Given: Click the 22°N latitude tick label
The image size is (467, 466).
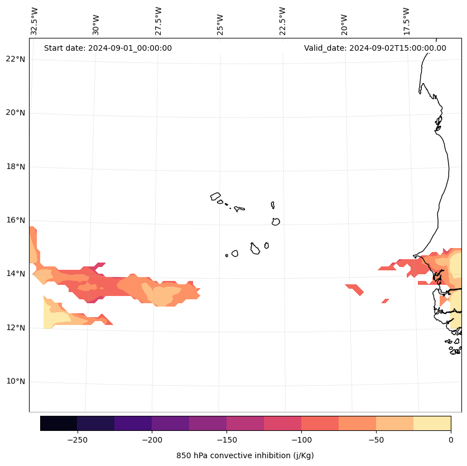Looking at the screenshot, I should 15,59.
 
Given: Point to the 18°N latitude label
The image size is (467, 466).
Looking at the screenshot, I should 15,167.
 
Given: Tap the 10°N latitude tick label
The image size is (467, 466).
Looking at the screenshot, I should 15,382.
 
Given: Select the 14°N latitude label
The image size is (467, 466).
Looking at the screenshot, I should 15,274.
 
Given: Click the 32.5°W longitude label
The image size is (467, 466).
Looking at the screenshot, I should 35,21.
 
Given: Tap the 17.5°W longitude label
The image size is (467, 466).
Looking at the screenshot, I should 407,21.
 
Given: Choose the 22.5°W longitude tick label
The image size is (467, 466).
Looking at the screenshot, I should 282,21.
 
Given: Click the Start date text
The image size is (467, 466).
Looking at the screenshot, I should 108,48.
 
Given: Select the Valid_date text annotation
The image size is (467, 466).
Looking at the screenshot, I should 375,48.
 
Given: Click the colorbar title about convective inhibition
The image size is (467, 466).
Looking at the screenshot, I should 245,455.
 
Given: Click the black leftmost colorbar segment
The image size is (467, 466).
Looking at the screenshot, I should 59,424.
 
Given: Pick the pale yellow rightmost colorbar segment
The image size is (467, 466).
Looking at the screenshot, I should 432,424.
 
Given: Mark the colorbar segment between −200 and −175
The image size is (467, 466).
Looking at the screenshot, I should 170,424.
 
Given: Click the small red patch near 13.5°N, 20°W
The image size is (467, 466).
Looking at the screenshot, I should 354,289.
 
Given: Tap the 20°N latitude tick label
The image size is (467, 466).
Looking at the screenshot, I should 15,113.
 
